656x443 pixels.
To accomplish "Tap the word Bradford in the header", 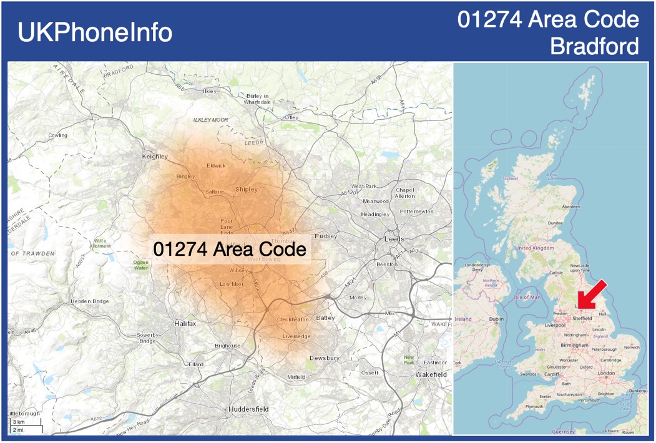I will (595, 46).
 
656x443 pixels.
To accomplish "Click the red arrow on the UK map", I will (590, 294).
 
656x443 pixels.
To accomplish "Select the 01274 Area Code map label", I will (230, 249).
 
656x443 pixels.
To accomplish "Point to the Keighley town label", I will (155, 156).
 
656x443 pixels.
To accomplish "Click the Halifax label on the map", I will (185, 323).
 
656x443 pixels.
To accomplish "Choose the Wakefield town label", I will (431, 374).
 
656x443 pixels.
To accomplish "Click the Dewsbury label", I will (325, 358).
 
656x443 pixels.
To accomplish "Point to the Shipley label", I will (246, 189).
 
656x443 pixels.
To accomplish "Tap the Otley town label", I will (291, 117).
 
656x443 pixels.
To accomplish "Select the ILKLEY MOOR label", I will (211, 119).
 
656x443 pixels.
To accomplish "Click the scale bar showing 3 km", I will (25, 426).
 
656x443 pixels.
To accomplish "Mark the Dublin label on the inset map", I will (496, 319).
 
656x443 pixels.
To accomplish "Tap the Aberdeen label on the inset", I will (570, 207).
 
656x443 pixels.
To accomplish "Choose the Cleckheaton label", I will (293, 319).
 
